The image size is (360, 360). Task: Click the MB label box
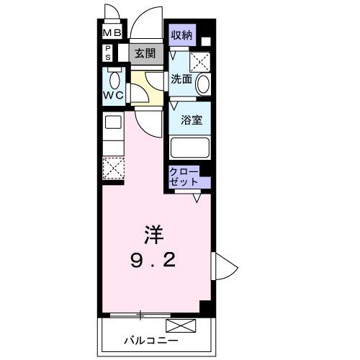[x=112, y=32]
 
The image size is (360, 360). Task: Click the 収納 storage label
[x=181, y=35]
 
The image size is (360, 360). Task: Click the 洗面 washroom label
[x=181, y=80]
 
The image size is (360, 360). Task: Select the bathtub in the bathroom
[x=189, y=148]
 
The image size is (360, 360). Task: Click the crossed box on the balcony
[x=181, y=326]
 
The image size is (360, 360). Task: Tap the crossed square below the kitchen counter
[x=113, y=168]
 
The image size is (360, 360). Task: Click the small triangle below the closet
[x=197, y=199]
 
